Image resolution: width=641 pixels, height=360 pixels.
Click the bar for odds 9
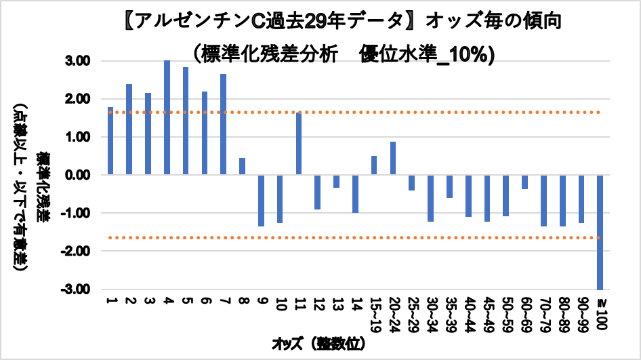click(x=261, y=201)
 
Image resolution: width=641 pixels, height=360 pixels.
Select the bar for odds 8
click(x=242, y=167)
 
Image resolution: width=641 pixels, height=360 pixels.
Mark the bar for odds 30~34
click(x=430, y=198)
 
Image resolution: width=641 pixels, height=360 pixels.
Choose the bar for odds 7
click(x=223, y=125)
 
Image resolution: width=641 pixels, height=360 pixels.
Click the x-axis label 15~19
click(x=374, y=313)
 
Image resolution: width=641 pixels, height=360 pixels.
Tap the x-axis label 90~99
click(x=581, y=313)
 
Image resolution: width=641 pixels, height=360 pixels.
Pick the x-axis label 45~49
click(x=487, y=313)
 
